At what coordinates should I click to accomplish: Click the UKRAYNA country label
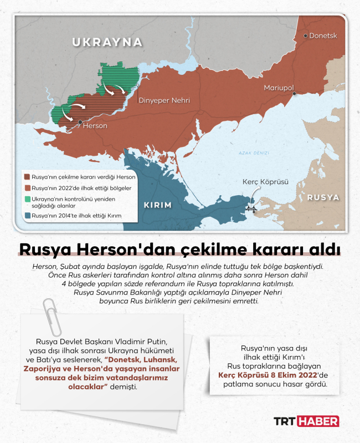click(107, 42)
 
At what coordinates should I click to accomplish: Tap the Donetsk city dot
click(305, 35)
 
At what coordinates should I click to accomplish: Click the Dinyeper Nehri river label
click(164, 100)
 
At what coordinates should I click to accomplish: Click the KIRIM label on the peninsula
click(157, 205)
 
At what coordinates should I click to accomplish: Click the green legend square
click(28, 198)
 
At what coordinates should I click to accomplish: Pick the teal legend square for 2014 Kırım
click(28, 215)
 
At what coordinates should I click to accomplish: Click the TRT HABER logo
click(306, 421)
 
